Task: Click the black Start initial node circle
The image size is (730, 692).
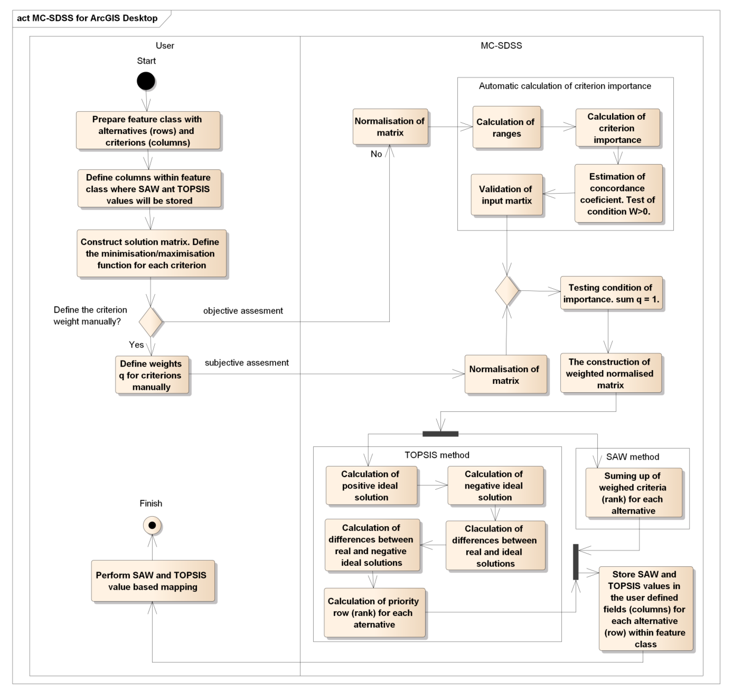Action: coord(146,81)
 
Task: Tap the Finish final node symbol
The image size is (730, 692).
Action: coord(152,525)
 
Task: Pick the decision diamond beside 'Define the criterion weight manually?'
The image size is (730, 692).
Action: coord(150,322)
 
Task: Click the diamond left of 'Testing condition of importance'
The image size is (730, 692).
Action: coord(507,291)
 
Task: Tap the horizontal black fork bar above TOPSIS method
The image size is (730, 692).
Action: coord(441,434)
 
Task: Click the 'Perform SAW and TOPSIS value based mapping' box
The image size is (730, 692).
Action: coord(153,581)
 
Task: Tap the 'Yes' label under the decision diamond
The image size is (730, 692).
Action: coord(136,345)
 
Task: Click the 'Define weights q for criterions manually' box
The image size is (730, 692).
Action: coord(152,375)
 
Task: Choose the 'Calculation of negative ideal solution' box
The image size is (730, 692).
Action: coord(495,485)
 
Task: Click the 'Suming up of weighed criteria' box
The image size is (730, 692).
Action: coord(633,493)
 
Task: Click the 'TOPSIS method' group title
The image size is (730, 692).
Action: coord(437,455)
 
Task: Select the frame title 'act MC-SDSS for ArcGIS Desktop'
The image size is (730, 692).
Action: coord(87,18)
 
